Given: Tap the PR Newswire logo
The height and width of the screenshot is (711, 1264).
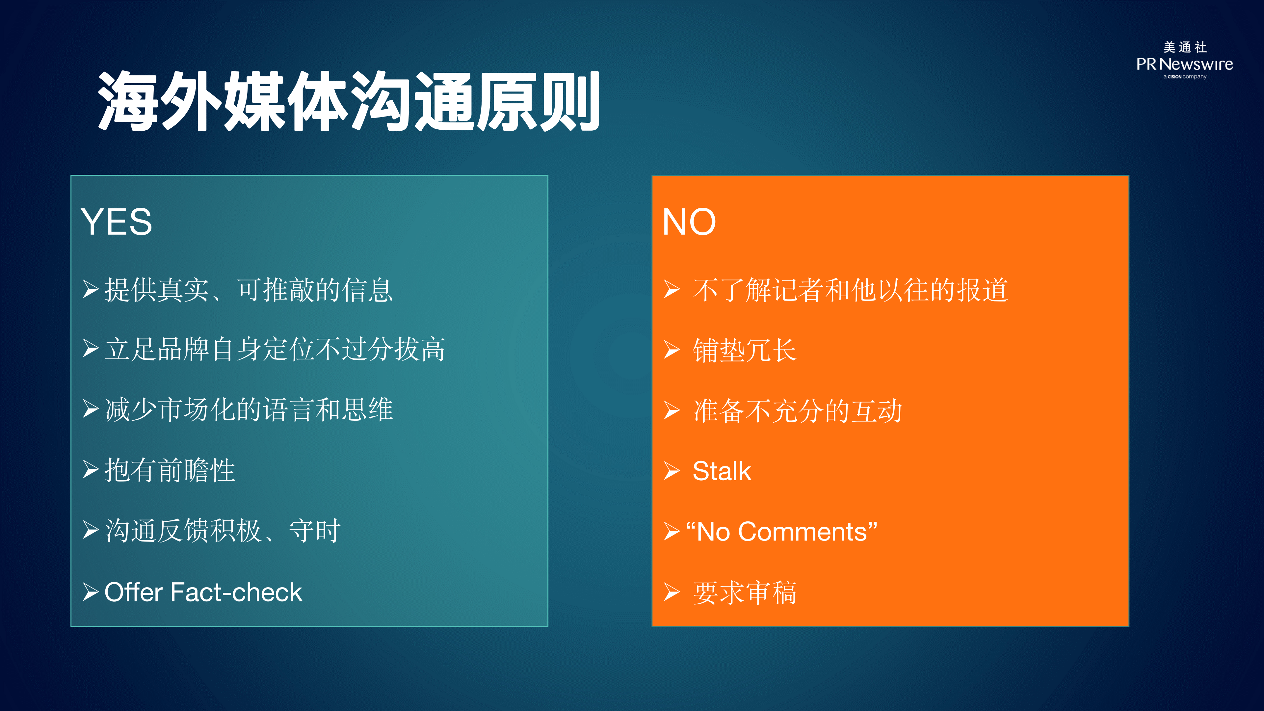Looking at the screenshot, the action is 1185,60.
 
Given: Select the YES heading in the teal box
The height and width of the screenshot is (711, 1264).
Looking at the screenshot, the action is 117,222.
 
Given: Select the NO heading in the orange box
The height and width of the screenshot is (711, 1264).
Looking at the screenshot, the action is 689,222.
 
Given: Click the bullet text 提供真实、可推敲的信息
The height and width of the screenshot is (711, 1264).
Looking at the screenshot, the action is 249,290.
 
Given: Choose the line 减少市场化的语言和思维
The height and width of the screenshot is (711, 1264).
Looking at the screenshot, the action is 249,410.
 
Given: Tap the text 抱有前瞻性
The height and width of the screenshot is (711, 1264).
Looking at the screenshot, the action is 170,470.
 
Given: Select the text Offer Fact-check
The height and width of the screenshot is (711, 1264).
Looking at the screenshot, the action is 203,592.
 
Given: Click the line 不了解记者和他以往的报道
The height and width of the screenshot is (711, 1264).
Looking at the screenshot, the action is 850,290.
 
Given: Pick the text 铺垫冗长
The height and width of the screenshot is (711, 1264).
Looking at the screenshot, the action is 744,350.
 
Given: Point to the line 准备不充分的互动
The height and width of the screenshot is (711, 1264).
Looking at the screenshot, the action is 797,411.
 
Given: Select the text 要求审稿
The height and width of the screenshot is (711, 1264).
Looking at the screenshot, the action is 744,592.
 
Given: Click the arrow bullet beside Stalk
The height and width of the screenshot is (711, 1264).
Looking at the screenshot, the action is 672,471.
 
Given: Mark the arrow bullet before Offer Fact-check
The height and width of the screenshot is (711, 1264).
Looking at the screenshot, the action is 91,592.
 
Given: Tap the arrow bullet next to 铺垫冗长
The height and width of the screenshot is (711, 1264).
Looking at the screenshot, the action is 672,350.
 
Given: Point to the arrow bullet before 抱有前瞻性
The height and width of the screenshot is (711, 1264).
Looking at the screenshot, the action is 91,470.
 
